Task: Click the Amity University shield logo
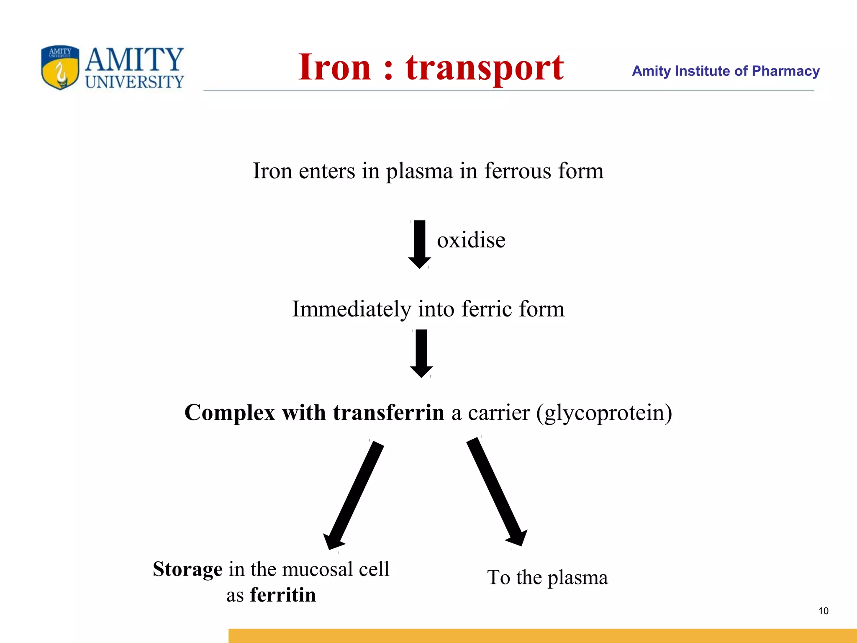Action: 60,67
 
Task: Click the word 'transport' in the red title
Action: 485,68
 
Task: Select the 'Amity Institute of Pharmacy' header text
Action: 725,71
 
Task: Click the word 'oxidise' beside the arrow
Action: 471,240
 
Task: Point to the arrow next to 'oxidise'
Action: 419,244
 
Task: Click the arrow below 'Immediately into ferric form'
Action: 421,353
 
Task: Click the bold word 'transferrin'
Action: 388,413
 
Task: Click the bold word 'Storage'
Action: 187,569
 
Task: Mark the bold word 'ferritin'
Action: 283,595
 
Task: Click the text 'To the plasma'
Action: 547,578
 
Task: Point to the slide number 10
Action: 823,611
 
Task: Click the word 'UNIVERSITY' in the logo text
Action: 134,82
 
